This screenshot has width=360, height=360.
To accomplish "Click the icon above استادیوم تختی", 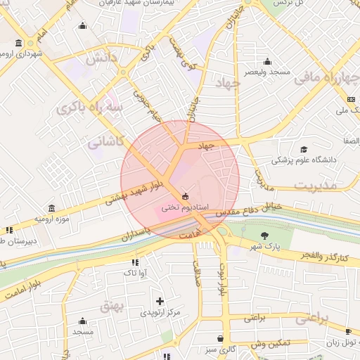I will pyautogui.click(x=185, y=195).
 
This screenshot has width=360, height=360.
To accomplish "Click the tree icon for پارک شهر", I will pyautogui.click(x=264, y=236).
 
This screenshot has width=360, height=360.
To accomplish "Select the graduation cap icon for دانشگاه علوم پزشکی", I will pyautogui.click(x=304, y=149).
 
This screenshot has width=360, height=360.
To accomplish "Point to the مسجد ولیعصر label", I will pyautogui.click(x=266, y=72).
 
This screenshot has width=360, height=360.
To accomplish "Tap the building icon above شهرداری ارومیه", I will pyautogui.click(x=17, y=43).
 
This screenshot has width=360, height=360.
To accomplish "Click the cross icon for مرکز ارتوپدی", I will pyautogui.click(x=160, y=301).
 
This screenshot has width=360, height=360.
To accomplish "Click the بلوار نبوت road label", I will pyautogui.click(x=221, y=279).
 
